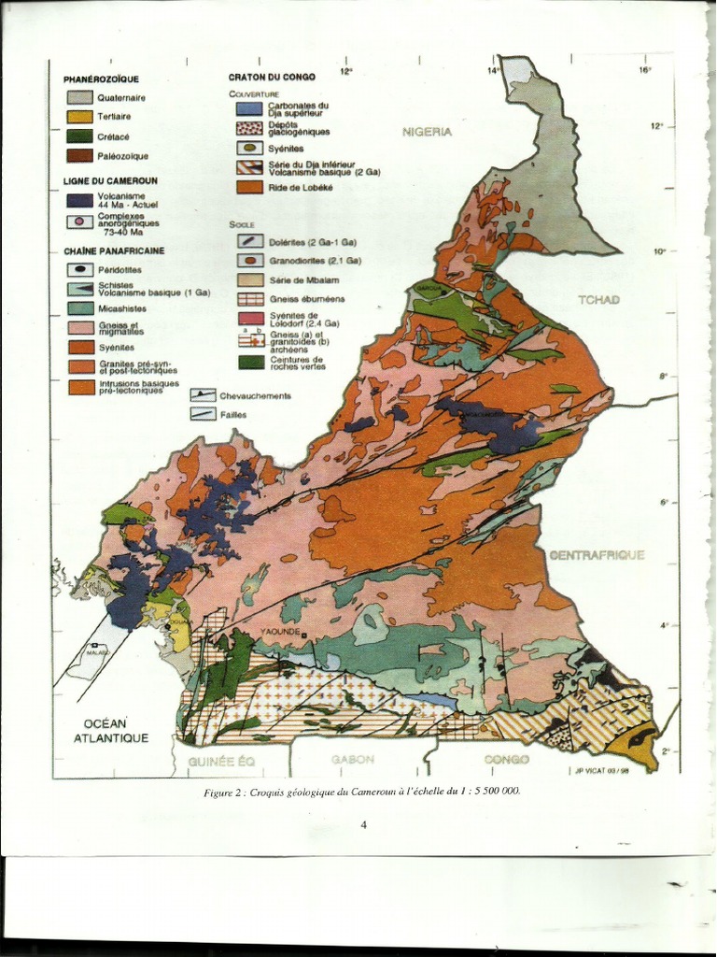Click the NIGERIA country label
(x=427, y=132)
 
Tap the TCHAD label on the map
(x=598, y=299)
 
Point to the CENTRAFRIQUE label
(x=597, y=555)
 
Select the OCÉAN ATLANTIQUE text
(x=110, y=731)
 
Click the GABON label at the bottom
(x=352, y=760)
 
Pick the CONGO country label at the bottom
(x=506, y=760)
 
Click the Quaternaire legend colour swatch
(x=79, y=97)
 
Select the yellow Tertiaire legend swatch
(x=79, y=117)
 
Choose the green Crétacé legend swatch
(x=79, y=136)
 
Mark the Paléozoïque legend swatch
(x=79, y=156)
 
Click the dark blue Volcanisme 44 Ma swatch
(x=79, y=200)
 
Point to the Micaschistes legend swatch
(x=79, y=308)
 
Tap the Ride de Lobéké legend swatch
(x=248, y=187)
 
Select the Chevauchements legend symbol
(x=203, y=395)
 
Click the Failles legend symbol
(x=203, y=413)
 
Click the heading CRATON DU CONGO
(x=272, y=77)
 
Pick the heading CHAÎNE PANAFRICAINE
(x=114, y=251)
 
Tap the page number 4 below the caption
(x=363, y=824)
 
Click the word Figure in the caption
(x=218, y=793)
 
